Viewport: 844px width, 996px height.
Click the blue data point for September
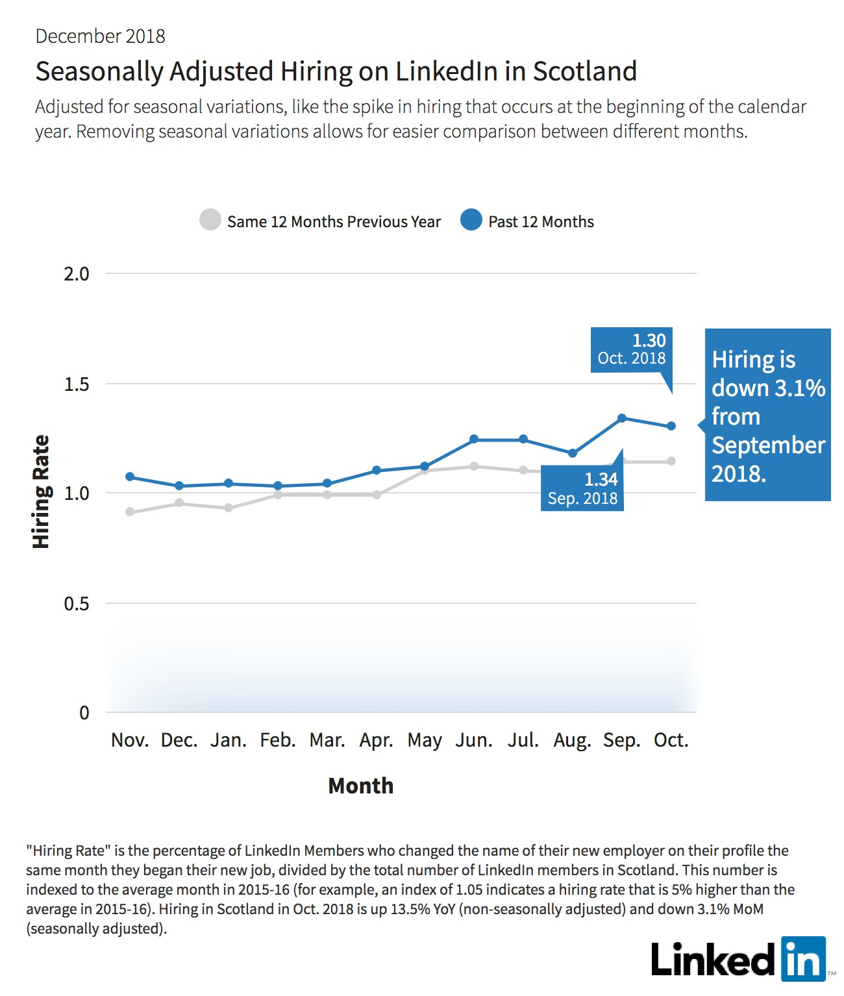[621, 417]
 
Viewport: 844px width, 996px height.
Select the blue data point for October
[671, 425]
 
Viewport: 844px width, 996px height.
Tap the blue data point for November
[130, 476]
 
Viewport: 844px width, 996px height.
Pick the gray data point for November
[130, 511]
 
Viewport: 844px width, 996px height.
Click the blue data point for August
[573, 453]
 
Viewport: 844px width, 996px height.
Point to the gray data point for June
[473, 466]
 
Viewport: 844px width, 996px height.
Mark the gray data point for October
[671, 461]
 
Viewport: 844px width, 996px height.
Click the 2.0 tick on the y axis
[77, 274]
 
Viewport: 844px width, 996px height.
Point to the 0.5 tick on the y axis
[77, 603]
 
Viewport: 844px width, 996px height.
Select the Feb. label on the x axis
[277, 740]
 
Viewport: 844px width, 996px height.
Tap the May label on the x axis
[425, 741]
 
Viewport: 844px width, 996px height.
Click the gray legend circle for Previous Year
[210, 219]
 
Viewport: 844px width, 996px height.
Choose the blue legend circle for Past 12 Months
[471, 219]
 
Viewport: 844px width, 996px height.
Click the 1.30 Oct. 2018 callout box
[631, 350]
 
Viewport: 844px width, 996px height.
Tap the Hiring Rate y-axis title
[41, 492]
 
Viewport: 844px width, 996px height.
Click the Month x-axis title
[361, 786]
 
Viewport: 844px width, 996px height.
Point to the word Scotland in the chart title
[584, 71]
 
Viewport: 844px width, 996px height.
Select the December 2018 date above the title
[100, 36]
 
